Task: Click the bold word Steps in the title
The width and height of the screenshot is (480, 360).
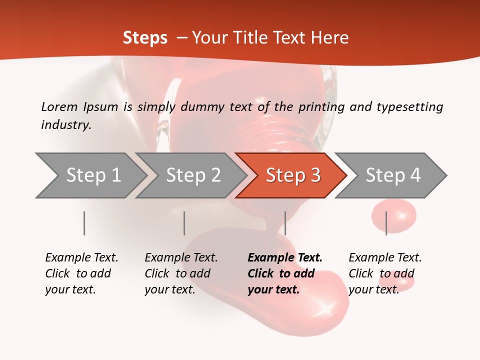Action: pos(145,37)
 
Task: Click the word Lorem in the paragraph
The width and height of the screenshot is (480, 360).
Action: pos(59,106)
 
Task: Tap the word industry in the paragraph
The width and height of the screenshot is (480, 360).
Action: pos(66,125)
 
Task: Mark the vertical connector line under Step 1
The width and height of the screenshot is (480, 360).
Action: pos(84,223)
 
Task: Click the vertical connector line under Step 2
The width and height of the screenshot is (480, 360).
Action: pos(184,223)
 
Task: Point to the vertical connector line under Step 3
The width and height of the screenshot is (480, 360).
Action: pos(285,223)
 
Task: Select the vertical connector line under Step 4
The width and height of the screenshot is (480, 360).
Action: pos(386,223)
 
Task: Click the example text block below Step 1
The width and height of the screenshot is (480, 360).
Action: pos(81,273)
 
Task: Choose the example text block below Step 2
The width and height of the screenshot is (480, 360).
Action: pos(181,273)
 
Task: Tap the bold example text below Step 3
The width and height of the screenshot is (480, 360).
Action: pos(285,273)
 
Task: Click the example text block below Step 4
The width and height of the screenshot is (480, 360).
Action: pos(385,273)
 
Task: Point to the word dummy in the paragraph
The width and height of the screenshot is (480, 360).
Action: pos(203,107)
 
